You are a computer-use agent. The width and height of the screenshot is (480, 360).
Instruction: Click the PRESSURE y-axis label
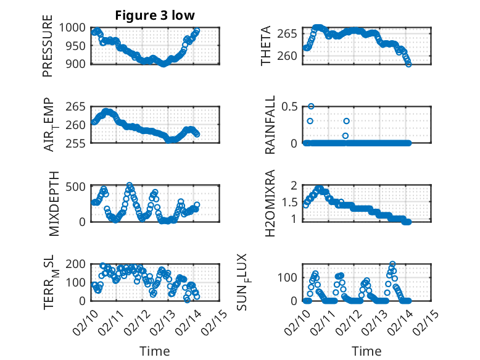[x=48, y=45]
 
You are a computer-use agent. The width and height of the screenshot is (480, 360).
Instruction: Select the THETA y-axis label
[x=266, y=45]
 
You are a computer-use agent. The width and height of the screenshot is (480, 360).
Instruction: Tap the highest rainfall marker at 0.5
[x=311, y=106]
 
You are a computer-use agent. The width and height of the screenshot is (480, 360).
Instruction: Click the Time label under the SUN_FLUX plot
[x=366, y=351]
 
